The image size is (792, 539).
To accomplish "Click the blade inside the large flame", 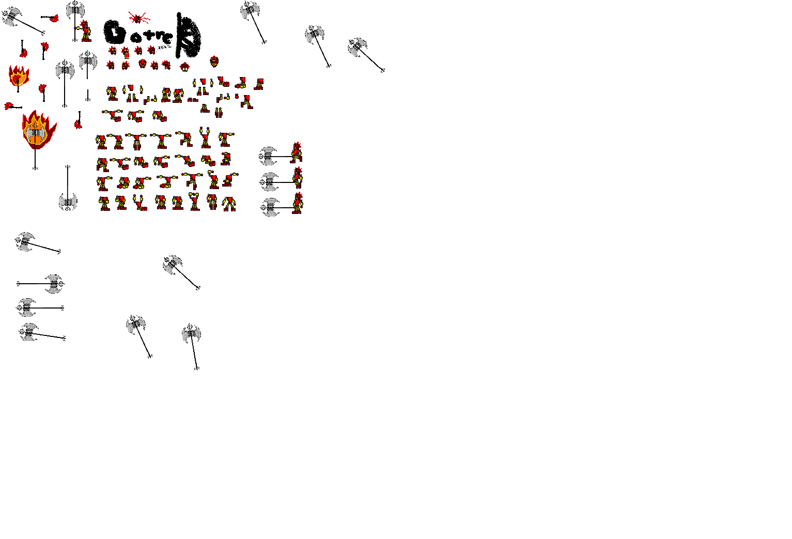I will (35, 132).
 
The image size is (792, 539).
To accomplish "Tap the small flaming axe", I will (18, 76).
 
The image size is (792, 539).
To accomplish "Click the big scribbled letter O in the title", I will (115, 33).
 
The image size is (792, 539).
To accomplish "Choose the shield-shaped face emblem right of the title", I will (214, 61).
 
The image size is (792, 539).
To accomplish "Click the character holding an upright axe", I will (86, 32).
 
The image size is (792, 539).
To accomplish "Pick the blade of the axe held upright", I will (75, 10).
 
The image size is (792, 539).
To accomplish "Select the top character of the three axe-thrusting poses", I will (296, 153).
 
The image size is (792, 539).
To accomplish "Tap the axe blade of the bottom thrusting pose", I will (269, 207).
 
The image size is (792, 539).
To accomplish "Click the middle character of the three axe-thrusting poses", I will (297, 178).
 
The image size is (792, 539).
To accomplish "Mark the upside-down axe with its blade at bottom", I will (68, 201).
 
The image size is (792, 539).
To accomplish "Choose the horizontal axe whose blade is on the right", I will (53, 284).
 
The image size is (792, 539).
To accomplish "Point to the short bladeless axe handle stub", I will (88, 96).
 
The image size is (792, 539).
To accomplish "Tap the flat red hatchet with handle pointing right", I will (10, 106).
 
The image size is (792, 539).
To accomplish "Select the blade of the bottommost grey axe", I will (191, 334).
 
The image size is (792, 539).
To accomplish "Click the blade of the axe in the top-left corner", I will (11, 17).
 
